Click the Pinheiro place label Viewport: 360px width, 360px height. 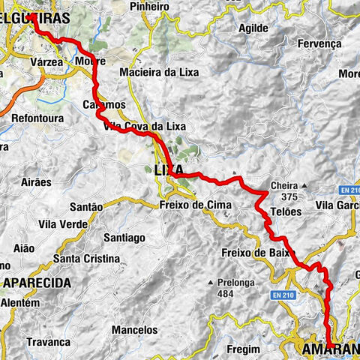point(149,6)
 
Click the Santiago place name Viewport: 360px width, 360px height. point(124,237)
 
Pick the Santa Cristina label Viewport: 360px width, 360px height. point(85,259)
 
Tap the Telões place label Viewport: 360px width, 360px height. point(285,211)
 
